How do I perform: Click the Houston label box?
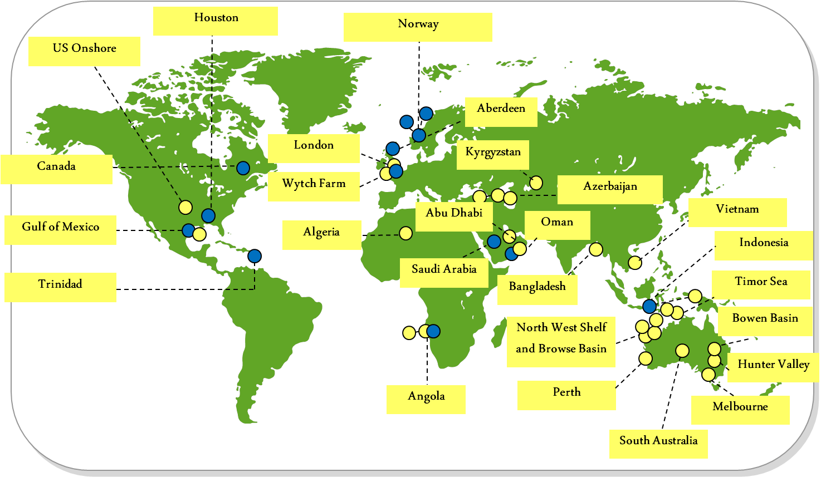click(x=216, y=21)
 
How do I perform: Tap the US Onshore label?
click(x=84, y=51)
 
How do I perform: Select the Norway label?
click(x=418, y=27)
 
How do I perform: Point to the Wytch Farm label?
click(x=314, y=186)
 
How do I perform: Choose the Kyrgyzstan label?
click(x=493, y=155)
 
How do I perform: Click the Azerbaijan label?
click(x=610, y=189)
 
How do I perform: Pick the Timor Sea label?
click(x=761, y=284)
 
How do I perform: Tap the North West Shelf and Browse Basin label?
click(x=561, y=341)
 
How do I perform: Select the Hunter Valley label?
click(x=773, y=367)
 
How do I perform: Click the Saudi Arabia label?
click(x=444, y=272)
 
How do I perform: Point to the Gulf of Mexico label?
click(x=60, y=230)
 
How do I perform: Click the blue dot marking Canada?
click(x=243, y=167)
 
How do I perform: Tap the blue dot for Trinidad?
click(x=255, y=256)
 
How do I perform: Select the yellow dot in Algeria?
click(x=405, y=233)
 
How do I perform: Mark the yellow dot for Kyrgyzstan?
click(x=536, y=183)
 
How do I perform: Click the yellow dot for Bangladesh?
click(x=596, y=249)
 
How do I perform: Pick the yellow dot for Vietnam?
click(x=634, y=263)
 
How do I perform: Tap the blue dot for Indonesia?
click(x=649, y=306)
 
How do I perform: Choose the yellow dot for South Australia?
click(x=682, y=351)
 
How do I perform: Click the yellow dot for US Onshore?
click(x=185, y=208)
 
